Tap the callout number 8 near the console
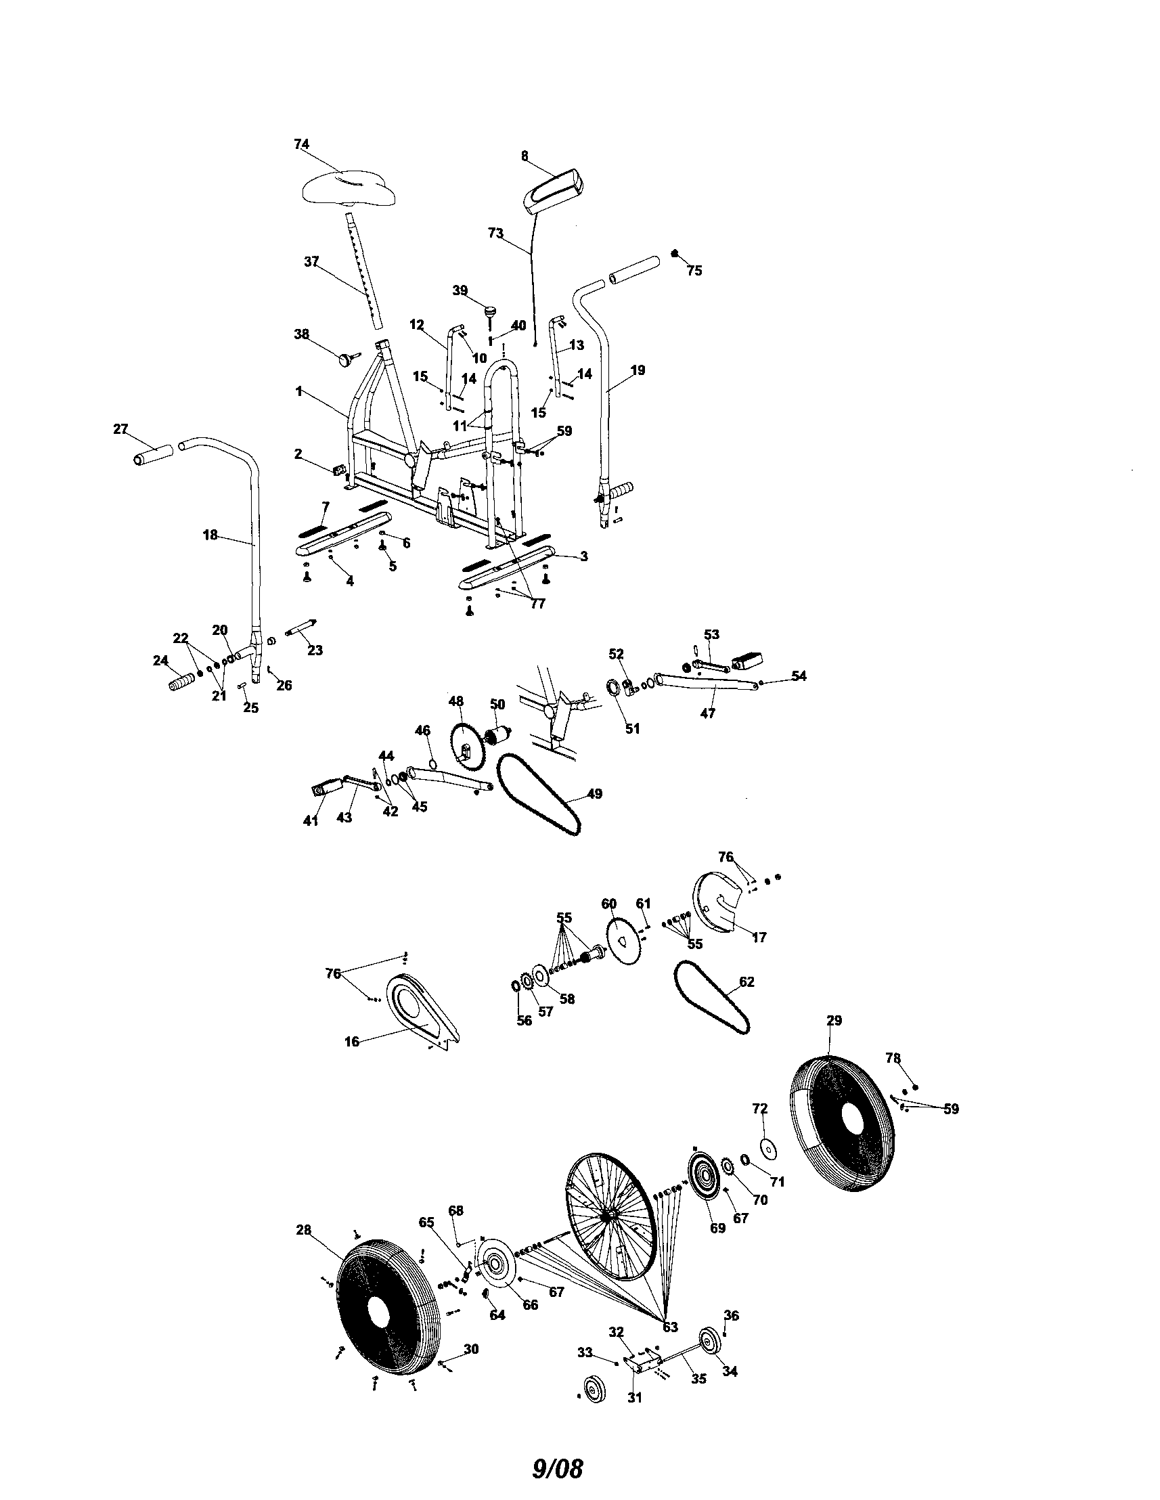pos(525,156)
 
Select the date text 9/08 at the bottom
pos(557,1463)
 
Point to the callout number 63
pos(670,1326)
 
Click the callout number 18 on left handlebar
pos(210,533)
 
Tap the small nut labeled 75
pos(675,254)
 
